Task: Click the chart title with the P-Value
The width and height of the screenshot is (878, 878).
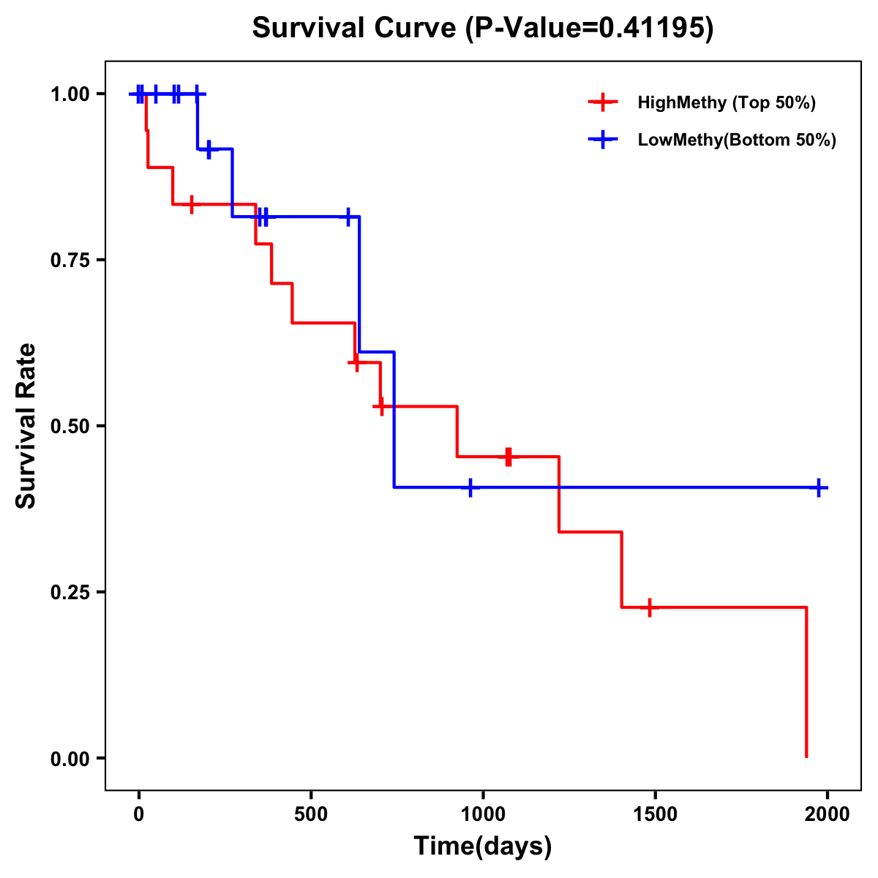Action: pos(483,28)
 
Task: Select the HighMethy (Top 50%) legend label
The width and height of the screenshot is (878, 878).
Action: pos(727,102)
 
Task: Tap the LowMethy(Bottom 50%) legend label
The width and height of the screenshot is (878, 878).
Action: pos(737,140)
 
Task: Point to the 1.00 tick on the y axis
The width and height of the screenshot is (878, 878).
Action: pos(71,94)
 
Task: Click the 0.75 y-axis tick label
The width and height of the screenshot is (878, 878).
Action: pos(71,260)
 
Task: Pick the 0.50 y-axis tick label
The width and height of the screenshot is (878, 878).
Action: pos(71,427)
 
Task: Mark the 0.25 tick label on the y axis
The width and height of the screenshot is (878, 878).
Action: pos(71,593)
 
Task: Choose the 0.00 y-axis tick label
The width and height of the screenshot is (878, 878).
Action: pos(71,759)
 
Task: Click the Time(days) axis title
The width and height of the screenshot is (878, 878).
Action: pos(483,847)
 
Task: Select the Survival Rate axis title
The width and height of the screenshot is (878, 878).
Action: pos(26,426)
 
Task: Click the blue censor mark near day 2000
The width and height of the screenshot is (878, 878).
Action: pos(819,487)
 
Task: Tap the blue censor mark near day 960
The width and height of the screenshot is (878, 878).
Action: pos(470,487)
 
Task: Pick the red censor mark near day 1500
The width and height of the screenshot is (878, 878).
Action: pos(649,607)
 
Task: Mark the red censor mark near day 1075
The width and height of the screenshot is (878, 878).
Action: pos(509,457)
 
